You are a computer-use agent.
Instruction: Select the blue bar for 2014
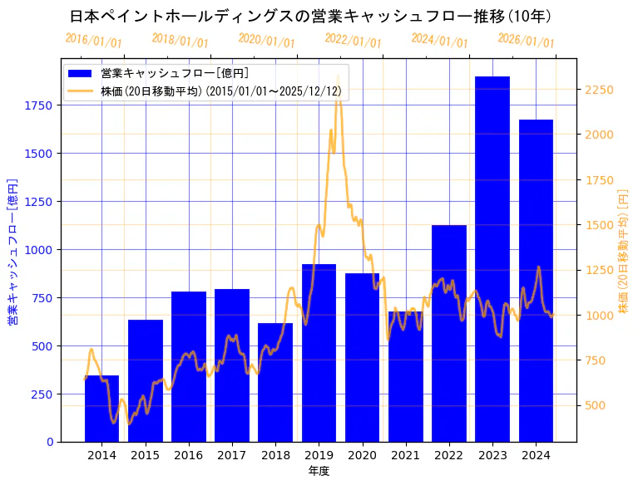tap(101, 408)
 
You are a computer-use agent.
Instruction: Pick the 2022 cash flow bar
tap(449, 333)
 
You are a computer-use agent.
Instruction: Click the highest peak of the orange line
tap(338, 76)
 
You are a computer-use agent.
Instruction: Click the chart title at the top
tap(310, 16)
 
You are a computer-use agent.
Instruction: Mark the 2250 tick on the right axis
tap(600, 90)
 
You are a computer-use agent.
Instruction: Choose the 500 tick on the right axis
tap(596, 405)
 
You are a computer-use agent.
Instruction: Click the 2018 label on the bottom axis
tap(275, 455)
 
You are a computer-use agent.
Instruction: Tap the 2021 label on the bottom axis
tap(405, 455)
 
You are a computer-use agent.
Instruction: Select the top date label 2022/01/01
tap(353, 41)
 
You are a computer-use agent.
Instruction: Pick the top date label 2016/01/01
tap(93, 41)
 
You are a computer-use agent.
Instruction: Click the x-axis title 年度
tap(319, 471)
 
